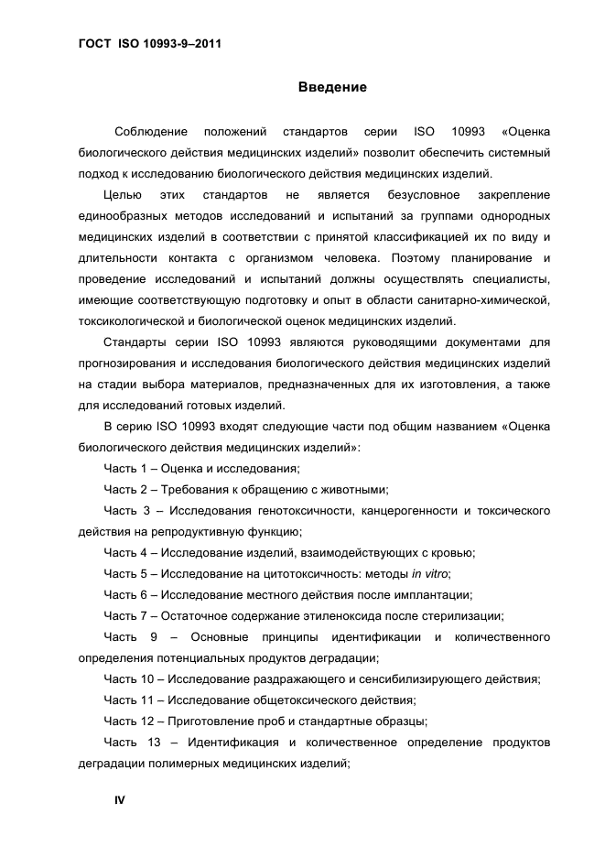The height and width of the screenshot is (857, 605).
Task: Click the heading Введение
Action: pos(332,87)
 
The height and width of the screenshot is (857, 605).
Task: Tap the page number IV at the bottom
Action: pos(119,799)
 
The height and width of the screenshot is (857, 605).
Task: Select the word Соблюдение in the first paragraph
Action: pos(151,132)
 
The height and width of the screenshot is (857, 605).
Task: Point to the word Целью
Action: pos(123,195)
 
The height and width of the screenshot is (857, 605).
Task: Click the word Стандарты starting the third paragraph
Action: pos(134,342)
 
